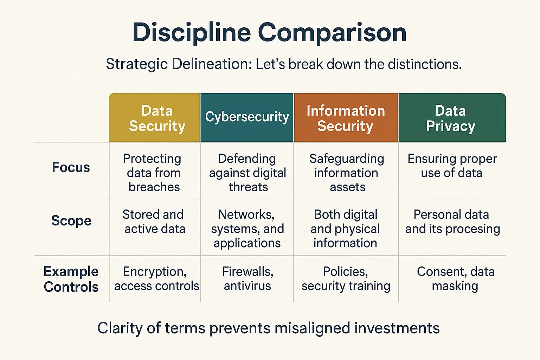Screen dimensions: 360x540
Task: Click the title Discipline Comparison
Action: coord(269,33)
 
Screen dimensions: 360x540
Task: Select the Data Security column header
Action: coord(157,118)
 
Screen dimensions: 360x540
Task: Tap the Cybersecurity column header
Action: coord(247,117)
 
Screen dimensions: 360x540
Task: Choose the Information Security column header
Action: coord(346,118)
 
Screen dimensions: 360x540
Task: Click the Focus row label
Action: coord(71,167)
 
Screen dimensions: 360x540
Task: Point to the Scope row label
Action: coord(71,221)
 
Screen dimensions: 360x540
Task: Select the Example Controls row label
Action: coord(71,279)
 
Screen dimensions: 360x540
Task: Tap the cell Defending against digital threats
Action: coord(247,173)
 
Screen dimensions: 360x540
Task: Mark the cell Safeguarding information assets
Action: coord(346,173)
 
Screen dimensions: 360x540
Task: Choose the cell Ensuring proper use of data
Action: coord(452,166)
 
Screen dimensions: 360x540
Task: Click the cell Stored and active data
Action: coord(154,221)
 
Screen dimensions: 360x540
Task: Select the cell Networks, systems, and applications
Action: coord(247,229)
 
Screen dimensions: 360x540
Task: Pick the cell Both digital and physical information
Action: coord(345,229)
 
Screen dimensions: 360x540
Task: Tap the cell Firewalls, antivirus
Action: coord(247,278)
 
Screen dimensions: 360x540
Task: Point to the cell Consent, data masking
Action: coord(455,278)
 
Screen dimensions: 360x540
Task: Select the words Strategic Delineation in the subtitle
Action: coord(179,64)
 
